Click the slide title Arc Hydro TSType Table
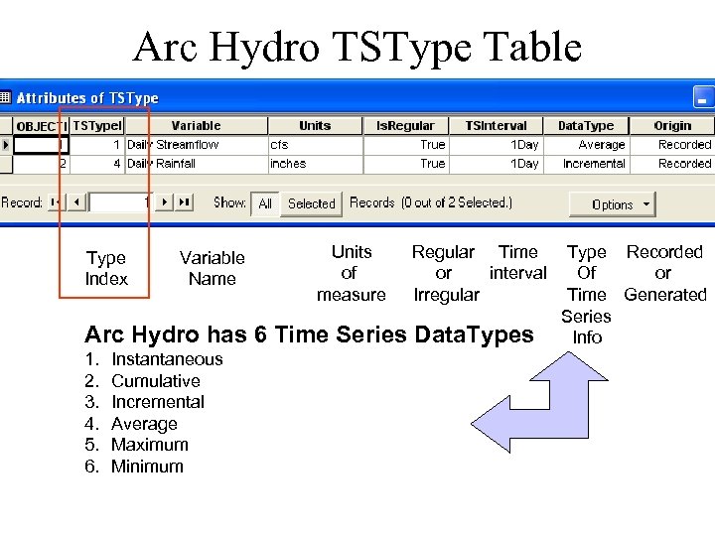coord(357,47)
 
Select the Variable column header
coord(196,126)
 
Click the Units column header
coord(315,126)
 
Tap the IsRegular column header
coord(405,126)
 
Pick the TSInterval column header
coord(496,126)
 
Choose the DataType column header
coord(586,126)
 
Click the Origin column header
coord(672,126)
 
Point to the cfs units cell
coord(280,145)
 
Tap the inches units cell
coord(288,164)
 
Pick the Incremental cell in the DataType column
coord(594,164)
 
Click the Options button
coord(612,204)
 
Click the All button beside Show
coord(265,203)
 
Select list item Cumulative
coord(155,381)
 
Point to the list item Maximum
coord(149,445)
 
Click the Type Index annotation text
coord(106,268)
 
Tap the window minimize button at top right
coord(702,99)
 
